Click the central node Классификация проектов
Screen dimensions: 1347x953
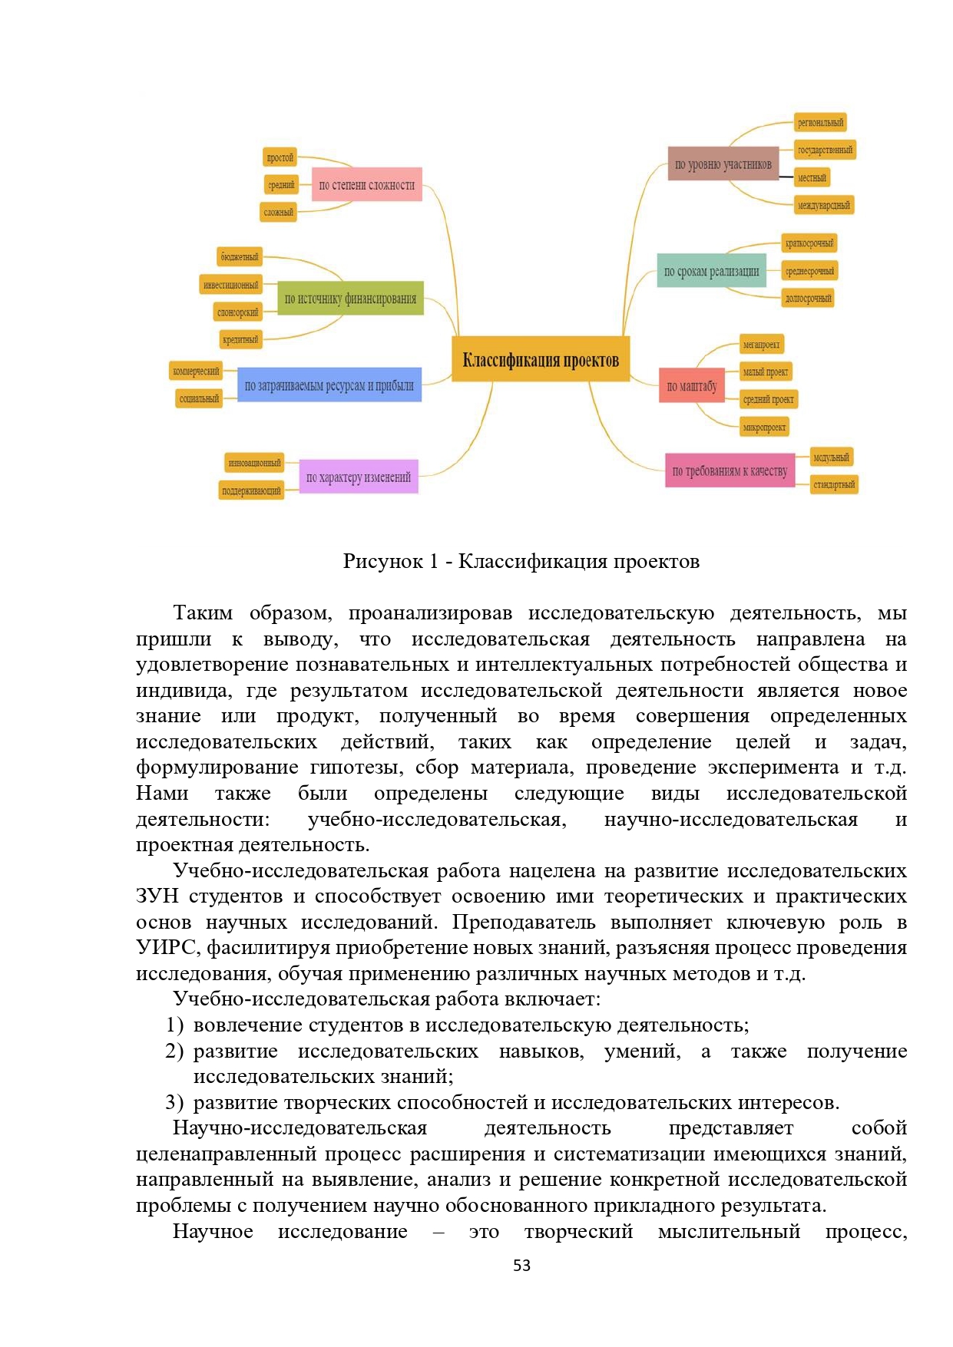541,359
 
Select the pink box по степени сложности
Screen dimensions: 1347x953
366,185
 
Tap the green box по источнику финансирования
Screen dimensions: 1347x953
350,299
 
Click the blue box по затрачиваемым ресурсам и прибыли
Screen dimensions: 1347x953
329,385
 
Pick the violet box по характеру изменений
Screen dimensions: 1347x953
358,477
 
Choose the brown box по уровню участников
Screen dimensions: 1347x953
723,164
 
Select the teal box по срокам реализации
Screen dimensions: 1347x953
711,271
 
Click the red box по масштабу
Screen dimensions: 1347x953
691,386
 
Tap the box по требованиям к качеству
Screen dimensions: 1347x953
730,470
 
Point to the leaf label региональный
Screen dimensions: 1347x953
820,123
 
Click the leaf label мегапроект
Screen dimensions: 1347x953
761,345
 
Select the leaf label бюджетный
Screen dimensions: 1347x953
240,256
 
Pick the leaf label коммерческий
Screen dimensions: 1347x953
196,371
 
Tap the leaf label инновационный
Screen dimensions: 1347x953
254,463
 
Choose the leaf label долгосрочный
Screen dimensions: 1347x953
808,298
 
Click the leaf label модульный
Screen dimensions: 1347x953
831,457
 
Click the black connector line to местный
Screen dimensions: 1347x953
786,177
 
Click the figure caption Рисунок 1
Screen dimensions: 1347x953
521,562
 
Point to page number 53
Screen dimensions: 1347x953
521,1266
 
